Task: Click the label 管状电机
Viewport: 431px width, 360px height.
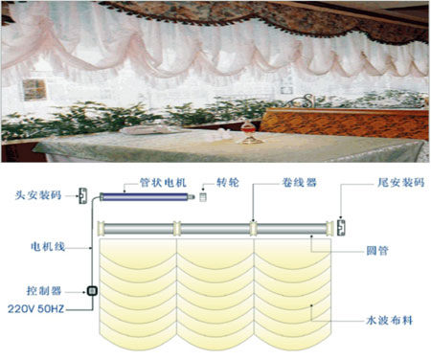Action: tap(163, 183)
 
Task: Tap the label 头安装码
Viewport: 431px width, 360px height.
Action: tap(38, 195)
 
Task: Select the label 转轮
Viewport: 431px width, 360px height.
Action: tap(228, 183)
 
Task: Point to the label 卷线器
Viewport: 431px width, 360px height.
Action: tap(299, 183)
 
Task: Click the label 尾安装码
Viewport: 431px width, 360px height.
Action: tap(401, 183)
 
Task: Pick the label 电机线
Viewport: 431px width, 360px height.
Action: tap(48, 246)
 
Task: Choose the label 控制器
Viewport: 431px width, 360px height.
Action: tap(44, 291)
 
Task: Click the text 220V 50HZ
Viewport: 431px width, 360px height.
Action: tap(35, 309)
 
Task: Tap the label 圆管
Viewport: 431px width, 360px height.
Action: tap(377, 251)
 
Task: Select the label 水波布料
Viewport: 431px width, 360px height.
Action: tap(390, 320)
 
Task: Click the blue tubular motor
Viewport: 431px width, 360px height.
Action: tap(147, 197)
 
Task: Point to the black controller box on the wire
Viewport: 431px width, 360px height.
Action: tap(92, 291)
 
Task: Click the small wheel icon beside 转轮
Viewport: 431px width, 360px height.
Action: tap(203, 197)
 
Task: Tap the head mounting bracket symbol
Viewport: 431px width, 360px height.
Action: tap(83, 196)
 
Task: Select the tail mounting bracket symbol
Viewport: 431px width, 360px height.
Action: tap(342, 228)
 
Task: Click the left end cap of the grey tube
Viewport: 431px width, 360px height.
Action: tap(102, 229)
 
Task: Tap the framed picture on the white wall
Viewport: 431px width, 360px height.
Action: tap(34, 90)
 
